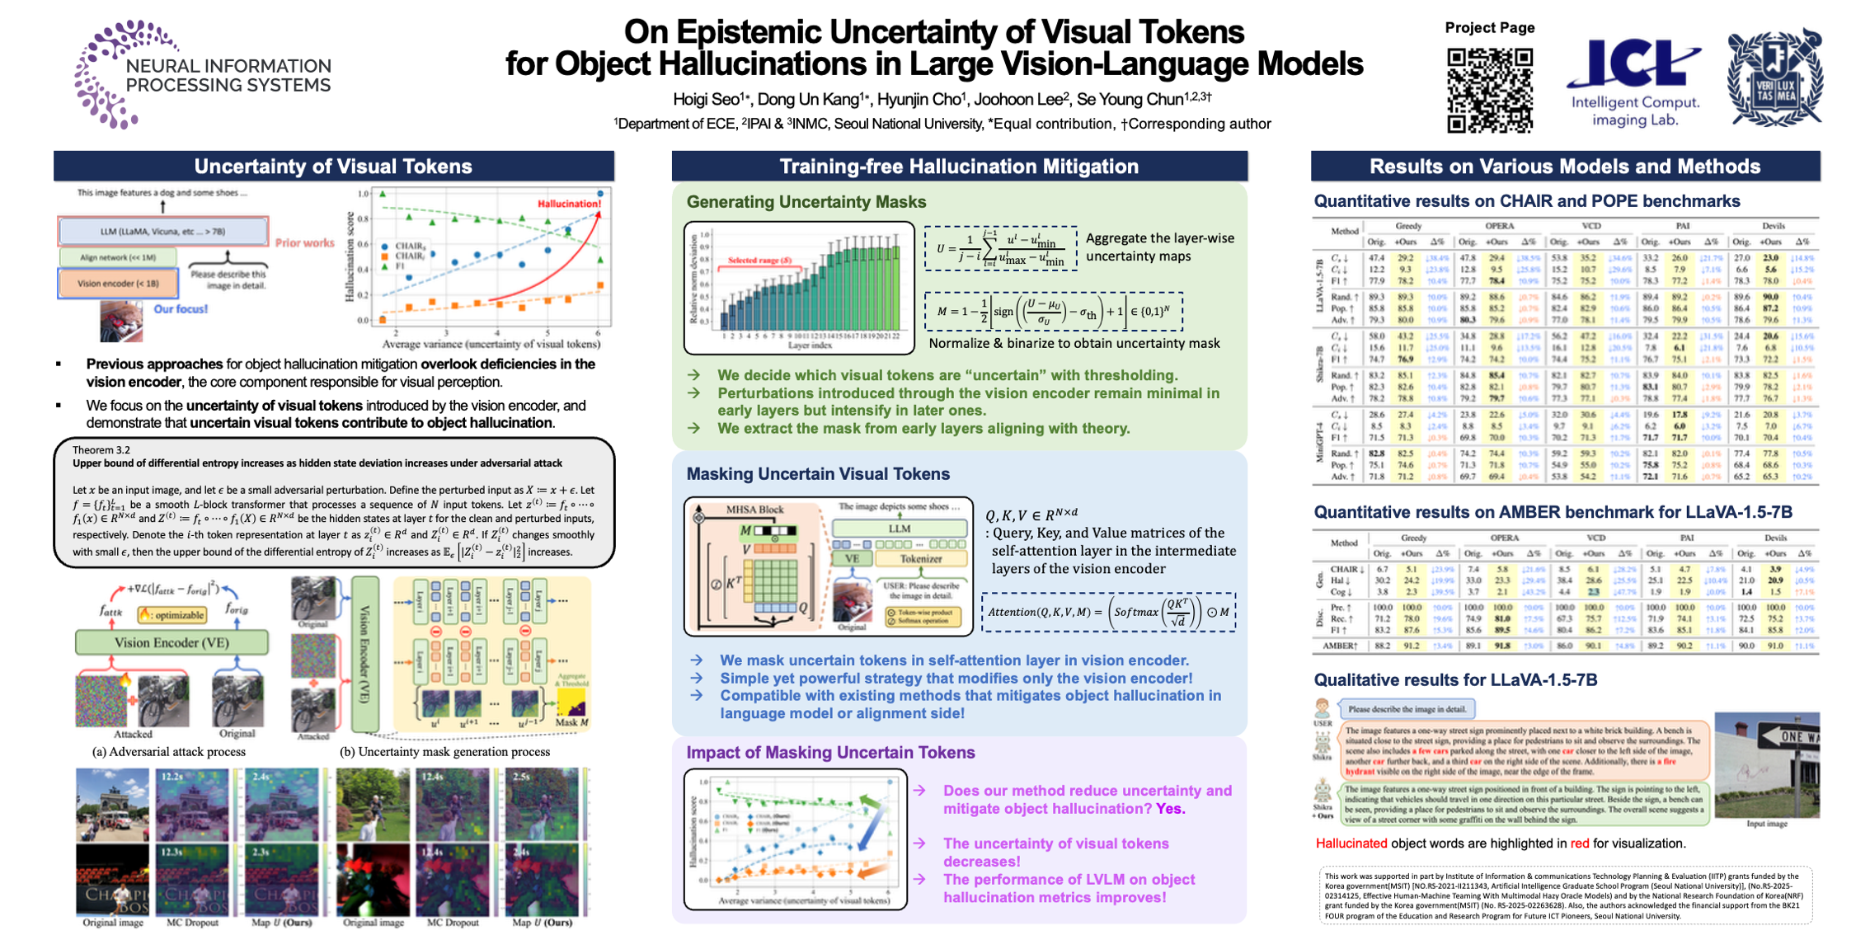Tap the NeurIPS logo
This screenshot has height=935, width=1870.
pyautogui.click(x=202, y=74)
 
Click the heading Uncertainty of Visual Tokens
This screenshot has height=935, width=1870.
pyautogui.click(x=333, y=167)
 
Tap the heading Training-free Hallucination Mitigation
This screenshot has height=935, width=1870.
pyautogui.click(x=959, y=167)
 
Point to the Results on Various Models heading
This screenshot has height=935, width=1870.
pyautogui.click(x=1564, y=167)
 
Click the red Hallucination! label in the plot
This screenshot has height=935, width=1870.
pyautogui.click(x=569, y=204)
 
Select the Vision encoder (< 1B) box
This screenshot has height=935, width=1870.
pyautogui.click(x=118, y=284)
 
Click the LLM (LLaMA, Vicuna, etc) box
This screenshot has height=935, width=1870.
pyautogui.click(x=162, y=232)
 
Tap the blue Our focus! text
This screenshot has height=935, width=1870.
pyautogui.click(x=181, y=309)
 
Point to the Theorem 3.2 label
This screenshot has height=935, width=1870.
pyautogui.click(x=101, y=450)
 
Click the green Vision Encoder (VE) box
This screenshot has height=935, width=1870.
pyautogui.click(x=171, y=642)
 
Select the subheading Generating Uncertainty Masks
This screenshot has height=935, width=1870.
pyautogui.click(x=806, y=202)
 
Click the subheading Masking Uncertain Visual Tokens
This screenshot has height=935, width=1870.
pyautogui.click(x=818, y=474)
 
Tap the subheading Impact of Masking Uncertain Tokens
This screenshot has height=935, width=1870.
pyautogui.click(x=830, y=753)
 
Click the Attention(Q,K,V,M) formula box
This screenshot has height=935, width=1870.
pyautogui.click(x=1108, y=613)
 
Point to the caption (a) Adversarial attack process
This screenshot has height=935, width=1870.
pyautogui.click(x=168, y=752)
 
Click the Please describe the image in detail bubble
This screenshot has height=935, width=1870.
pyautogui.click(x=1407, y=709)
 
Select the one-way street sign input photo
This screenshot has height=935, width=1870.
pyautogui.click(x=1766, y=764)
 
